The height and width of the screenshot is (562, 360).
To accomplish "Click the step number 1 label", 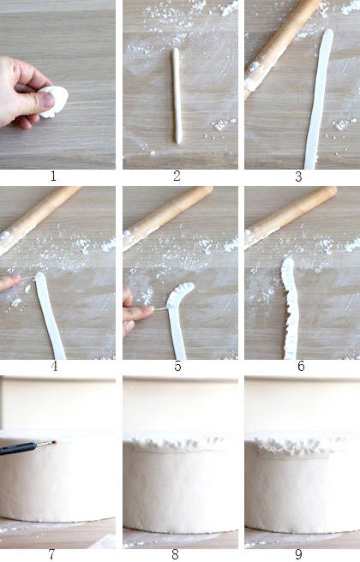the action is [53, 176].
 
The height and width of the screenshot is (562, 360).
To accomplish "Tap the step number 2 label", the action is [177, 176].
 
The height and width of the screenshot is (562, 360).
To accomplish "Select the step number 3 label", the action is [298, 176].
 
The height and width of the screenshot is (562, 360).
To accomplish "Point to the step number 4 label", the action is [54, 366].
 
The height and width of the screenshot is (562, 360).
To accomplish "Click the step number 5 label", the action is [177, 366].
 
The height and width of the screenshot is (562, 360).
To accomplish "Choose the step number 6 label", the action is [301, 366].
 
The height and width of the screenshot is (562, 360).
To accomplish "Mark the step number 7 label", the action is [52, 554].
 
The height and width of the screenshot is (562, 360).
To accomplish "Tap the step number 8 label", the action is [175, 554].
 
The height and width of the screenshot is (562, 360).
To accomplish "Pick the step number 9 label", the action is [298, 554].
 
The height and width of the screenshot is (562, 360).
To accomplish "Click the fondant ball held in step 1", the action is [56, 101].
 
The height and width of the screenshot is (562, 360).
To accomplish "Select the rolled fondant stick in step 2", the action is [177, 95].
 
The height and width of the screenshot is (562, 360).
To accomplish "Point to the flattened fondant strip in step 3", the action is [318, 99].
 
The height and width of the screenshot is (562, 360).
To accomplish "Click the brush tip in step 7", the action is [54, 442].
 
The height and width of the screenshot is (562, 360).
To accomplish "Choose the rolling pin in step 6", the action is [290, 217].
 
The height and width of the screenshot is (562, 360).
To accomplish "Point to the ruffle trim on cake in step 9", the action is [297, 445].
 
